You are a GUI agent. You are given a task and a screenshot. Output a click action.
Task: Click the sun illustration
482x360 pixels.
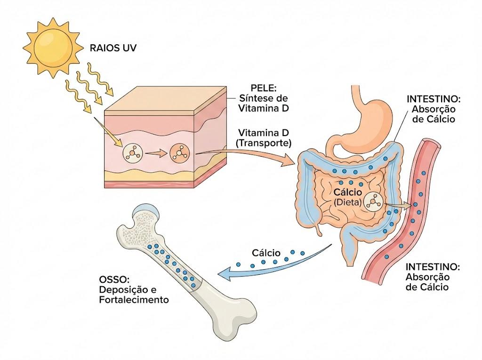pos(53,48)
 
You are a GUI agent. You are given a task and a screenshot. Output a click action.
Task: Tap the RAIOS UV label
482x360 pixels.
pos(113,48)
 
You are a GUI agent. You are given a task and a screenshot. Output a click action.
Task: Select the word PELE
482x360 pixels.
pos(264,88)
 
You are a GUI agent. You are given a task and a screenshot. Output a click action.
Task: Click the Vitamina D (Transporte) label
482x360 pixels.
pos(264,138)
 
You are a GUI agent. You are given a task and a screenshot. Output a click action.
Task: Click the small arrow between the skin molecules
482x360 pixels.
pos(156,153)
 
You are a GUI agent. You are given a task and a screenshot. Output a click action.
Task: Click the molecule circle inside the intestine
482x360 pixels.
pos(373,202)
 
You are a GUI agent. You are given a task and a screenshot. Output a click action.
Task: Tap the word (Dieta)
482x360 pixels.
pos(348,202)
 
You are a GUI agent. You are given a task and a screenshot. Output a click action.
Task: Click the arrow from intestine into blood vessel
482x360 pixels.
pos(398,205)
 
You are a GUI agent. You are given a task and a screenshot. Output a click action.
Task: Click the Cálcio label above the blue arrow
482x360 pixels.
pos(266,253)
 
